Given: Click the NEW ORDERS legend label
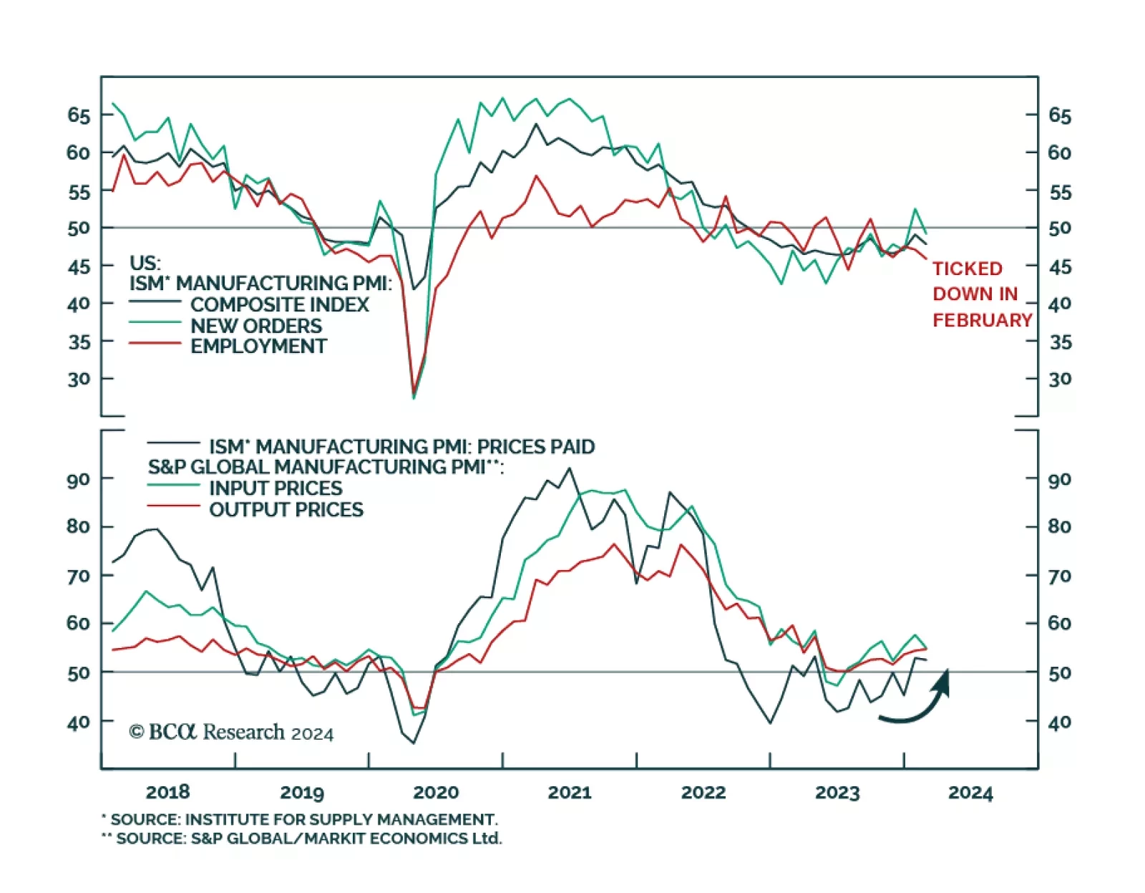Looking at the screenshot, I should pyautogui.click(x=255, y=326).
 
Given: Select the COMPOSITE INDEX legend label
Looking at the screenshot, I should pyautogui.click(x=279, y=304).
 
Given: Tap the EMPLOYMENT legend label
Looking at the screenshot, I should pyautogui.click(x=258, y=347).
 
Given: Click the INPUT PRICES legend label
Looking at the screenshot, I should pyautogui.click(x=276, y=488).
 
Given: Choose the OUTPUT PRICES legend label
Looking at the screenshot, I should pyautogui.click(x=286, y=510).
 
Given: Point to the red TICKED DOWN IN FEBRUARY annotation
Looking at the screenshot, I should pyautogui.click(x=981, y=294).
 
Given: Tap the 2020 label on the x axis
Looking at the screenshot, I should pyautogui.click(x=436, y=792).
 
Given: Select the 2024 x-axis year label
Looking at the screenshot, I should pyautogui.click(x=970, y=793).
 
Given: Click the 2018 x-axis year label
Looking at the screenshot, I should pyautogui.click(x=167, y=792).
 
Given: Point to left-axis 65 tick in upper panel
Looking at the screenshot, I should pyautogui.click(x=79, y=115).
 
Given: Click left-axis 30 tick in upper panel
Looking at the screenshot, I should pyautogui.click(x=79, y=379).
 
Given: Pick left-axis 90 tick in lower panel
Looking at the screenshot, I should pyautogui.click(x=79, y=479).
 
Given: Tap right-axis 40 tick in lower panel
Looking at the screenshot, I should pyautogui.click(x=1060, y=722).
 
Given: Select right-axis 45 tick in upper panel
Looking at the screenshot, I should pyautogui.click(x=1060, y=267).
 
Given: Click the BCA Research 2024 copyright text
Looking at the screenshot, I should pyautogui.click(x=231, y=732).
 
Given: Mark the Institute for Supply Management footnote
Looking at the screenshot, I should pyautogui.click(x=300, y=819).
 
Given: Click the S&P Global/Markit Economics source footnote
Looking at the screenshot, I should pyautogui.click(x=302, y=839).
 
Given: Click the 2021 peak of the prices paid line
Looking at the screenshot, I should pyautogui.click(x=570, y=468).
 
